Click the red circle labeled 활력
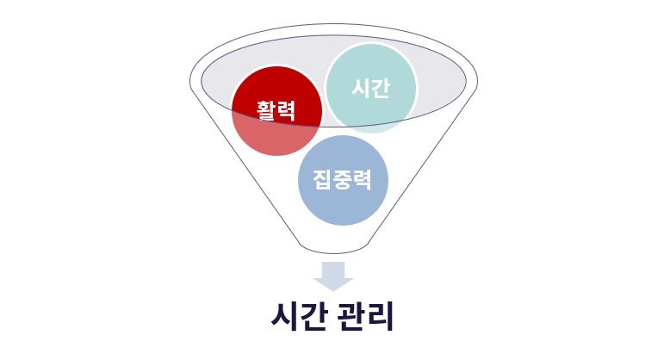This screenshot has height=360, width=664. (276, 110)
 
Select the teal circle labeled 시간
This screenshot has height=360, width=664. (371, 88)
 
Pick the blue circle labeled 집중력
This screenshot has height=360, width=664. (343, 180)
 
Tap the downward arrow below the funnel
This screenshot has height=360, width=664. (332, 276)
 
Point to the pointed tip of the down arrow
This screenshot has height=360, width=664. (332, 289)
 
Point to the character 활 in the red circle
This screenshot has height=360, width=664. (265, 110)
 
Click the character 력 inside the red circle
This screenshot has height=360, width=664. (287, 110)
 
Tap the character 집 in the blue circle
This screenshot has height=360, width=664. (322, 180)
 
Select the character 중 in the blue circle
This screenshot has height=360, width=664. (343, 180)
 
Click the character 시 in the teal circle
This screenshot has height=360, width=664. (361, 88)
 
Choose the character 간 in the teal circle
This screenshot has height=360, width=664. (381, 88)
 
